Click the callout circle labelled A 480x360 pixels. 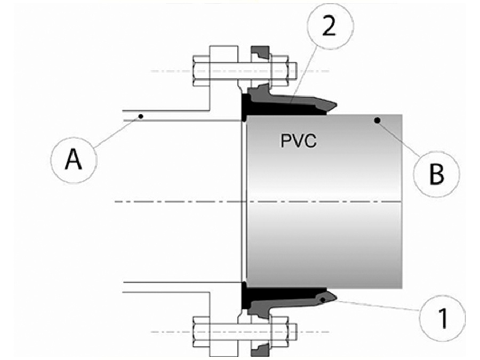click(x=74, y=159)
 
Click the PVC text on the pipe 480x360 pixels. click(x=298, y=141)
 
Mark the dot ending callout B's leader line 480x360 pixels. click(x=378, y=121)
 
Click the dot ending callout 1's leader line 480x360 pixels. click(x=324, y=300)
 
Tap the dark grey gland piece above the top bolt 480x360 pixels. click(x=261, y=54)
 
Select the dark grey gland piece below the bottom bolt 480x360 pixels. click(x=261, y=348)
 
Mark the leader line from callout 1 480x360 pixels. click(x=379, y=307)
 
